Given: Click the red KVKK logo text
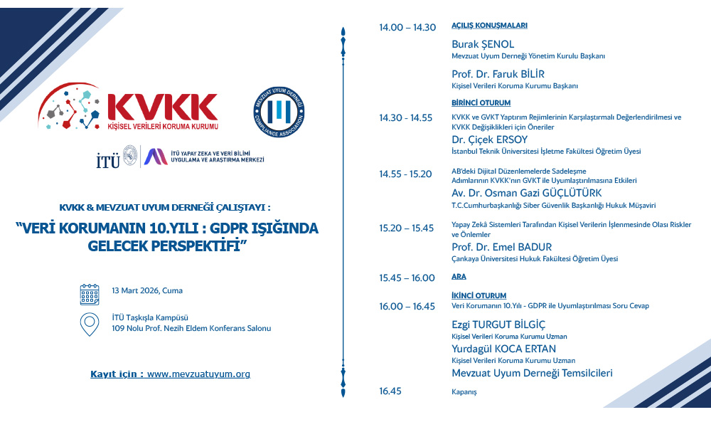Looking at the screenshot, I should coord(162,107).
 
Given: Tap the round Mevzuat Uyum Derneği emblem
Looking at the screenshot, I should coord(279,112).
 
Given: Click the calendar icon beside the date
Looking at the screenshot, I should coord(90,293).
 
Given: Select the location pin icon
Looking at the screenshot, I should coord(90,325).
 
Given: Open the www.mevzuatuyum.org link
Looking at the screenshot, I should coord(198,374).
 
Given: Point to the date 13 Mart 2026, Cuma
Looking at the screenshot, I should coord(147,290).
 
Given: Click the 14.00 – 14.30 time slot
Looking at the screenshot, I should coord(407,27).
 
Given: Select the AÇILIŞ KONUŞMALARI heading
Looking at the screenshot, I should coord(489,26).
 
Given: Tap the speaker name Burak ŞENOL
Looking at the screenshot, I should coord(483,44).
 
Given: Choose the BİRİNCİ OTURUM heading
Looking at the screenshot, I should coord(481,103).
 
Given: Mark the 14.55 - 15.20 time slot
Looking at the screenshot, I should coord(405,174).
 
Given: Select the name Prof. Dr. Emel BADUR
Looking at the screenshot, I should coord(501,247).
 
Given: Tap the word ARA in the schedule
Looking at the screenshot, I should coord(459,276).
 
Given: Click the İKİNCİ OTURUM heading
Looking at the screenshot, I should coord(479,295).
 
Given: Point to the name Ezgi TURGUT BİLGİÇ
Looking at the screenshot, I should coord(498,325).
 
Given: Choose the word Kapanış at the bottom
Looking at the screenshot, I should coord(464,391).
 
